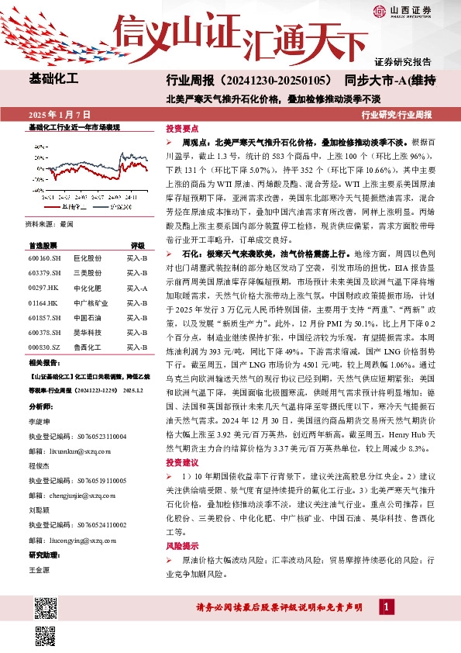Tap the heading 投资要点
(182, 129)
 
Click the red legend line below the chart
(52, 207)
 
